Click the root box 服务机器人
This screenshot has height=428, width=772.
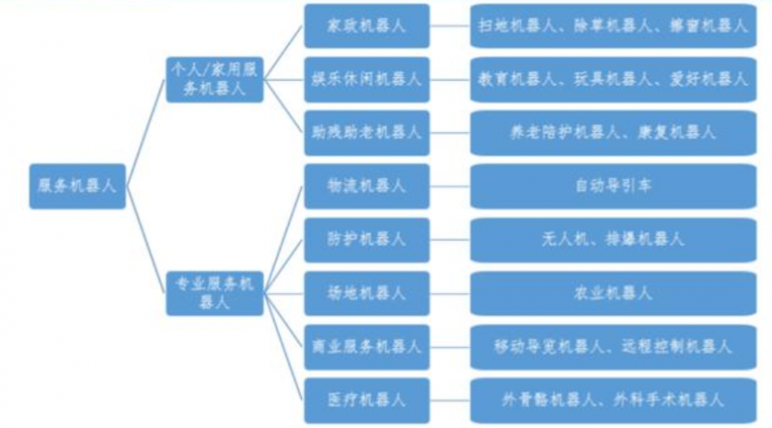pos(76,185)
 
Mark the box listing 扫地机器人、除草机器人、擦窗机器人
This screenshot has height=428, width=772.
pos(613,26)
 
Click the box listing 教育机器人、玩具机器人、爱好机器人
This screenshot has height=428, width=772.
pos(613,77)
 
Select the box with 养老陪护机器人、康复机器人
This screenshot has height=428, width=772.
pos(613,128)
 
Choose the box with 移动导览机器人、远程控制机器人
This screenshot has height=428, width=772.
pos(613,345)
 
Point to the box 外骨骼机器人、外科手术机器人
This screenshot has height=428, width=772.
pos(613,397)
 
